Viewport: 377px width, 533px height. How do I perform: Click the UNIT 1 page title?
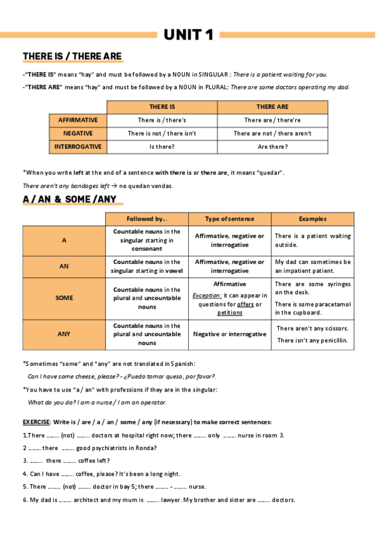pyautogui.click(x=188, y=35)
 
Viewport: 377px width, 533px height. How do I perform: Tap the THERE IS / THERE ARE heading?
pyautogui.click(x=72, y=57)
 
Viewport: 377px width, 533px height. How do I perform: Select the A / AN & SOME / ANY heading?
pyautogui.click(x=69, y=199)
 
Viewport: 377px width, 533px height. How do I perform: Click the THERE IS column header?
pyautogui.click(x=162, y=107)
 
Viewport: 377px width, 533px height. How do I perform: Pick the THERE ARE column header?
pyautogui.click(x=273, y=107)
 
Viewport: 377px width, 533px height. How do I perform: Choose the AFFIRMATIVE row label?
pyautogui.click(x=78, y=120)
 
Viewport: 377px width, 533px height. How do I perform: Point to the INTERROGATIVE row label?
pyautogui.click(x=78, y=146)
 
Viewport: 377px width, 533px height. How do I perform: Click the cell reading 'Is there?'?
pyautogui.click(x=162, y=146)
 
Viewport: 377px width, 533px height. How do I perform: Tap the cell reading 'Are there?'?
pyautogui.click(x=273, y=146)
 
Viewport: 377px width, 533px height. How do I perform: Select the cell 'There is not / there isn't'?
pyautogui.click(x=162, y=133)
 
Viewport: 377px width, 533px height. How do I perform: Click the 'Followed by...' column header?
pyautogui.click(x=147, y=219)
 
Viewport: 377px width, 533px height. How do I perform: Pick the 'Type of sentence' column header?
pyautogui.click(x=230, y=219)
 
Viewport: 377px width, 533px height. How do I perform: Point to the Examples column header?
pyautogui.click(x=313, y=219)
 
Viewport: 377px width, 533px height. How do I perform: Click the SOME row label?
pyautogui.click(x=64, y=298)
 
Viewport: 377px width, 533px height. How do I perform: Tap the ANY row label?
pyautogui.click(x=64, y=334)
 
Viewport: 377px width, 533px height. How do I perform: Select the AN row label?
pyautogui.click(x=64, y=266)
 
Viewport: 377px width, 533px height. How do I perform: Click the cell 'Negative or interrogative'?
pyautogui.click(x=230, y=334)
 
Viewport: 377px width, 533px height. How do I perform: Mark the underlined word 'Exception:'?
pyautogui.click(x=207, y=295)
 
